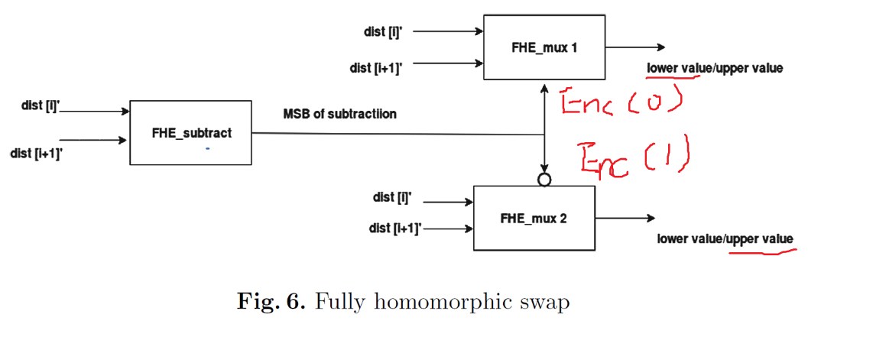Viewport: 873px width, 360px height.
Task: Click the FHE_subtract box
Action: click(x=190, y=133)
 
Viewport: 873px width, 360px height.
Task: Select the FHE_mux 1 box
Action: click(x=544, y=47)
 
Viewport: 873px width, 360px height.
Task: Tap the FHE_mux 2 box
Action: click(x=534, y=218)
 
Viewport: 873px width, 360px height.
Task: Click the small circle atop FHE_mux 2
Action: click(x=544, y=180)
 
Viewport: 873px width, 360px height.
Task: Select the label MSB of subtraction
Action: click(x=339, y=114)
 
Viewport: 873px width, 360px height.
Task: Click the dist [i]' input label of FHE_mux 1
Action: click(x=382, y=31)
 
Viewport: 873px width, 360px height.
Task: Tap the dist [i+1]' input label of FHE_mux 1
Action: click(x=376, y=68)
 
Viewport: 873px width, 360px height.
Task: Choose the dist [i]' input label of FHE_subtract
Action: click(x=41, y=105)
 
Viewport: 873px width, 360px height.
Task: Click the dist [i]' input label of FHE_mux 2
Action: click(x=392, y=197)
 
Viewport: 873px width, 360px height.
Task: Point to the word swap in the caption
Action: click(x=546, y=303)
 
